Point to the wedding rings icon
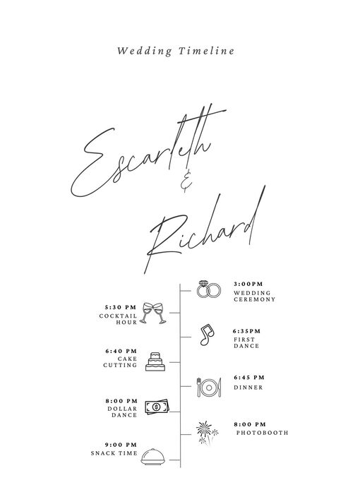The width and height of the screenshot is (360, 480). pos(208,289)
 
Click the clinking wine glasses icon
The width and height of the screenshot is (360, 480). pos(154,313)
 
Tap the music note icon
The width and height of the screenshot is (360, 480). pos(207,335)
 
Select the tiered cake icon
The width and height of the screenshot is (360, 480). pos(155,361)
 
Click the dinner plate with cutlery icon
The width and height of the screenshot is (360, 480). pos(209,388)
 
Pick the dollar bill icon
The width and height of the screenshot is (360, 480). pos(157,407)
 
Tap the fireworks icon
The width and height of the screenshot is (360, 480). pos(208,433)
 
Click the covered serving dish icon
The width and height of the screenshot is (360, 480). pos(152,457)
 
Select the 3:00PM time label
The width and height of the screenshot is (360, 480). pos(248,284)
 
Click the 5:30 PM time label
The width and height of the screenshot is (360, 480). pos(121,307)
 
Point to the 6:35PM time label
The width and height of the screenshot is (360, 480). pos(247,331)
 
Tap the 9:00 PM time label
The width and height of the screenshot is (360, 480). pos(121,445)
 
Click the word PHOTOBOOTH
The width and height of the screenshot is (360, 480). pos(263,433)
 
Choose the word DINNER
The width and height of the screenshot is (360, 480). pos(248,388)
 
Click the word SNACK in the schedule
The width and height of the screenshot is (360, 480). pos(103,453)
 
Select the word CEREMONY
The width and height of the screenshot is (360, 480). pos(255,299)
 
